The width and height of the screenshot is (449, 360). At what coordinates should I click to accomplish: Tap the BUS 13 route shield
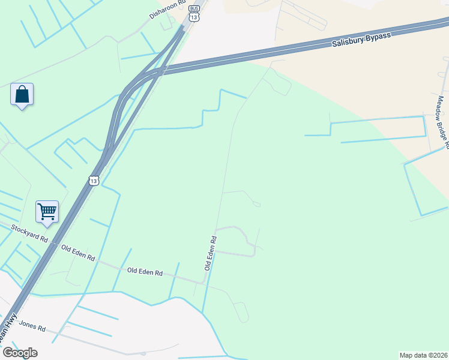click(x=193, y=14)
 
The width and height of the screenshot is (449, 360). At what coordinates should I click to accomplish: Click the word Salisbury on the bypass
click(x=348, y=41)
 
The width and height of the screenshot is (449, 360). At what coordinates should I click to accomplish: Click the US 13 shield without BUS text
click(x=93, y=180)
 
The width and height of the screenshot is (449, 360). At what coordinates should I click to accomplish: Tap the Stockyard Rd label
click(x=29, y=233)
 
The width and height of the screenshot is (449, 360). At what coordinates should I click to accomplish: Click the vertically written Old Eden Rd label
click(x=210, y=252)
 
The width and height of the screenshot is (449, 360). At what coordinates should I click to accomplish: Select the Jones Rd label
click(x=32, y=326)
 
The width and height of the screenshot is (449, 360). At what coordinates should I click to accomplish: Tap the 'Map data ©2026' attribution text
click(x=423, y=355)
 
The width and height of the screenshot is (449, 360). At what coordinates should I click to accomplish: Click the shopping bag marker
click(x=22, y=95)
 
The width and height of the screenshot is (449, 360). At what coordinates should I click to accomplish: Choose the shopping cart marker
click(x=47, y=211)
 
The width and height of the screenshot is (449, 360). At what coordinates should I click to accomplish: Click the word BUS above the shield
click(x=193, y=8)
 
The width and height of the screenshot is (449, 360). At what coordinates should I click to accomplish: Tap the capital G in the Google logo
click(x=7, y=353)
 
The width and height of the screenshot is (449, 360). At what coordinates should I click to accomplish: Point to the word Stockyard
click(x=25, y=231)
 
